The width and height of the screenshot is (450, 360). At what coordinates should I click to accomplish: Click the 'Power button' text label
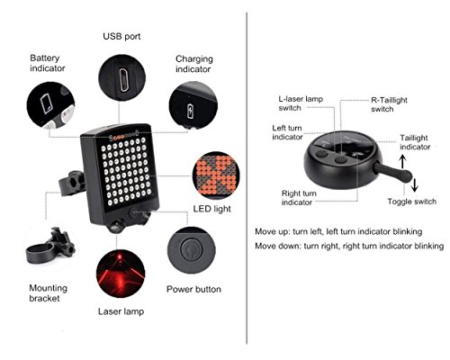[x=193, y=291]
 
